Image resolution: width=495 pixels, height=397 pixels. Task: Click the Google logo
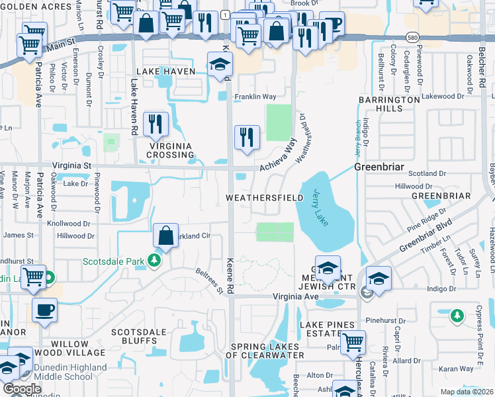coord(22,389)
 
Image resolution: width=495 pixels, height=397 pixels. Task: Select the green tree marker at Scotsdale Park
coord(155,260)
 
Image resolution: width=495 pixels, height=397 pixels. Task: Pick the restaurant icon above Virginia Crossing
coord(156,123)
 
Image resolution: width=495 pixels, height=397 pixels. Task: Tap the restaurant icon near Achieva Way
coord(247,137)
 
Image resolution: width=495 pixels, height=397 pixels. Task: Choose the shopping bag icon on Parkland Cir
coord(165,235)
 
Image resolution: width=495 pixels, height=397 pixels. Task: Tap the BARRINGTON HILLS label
coord(390,104)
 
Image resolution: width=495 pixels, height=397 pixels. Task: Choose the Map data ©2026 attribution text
coord(466,392)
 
